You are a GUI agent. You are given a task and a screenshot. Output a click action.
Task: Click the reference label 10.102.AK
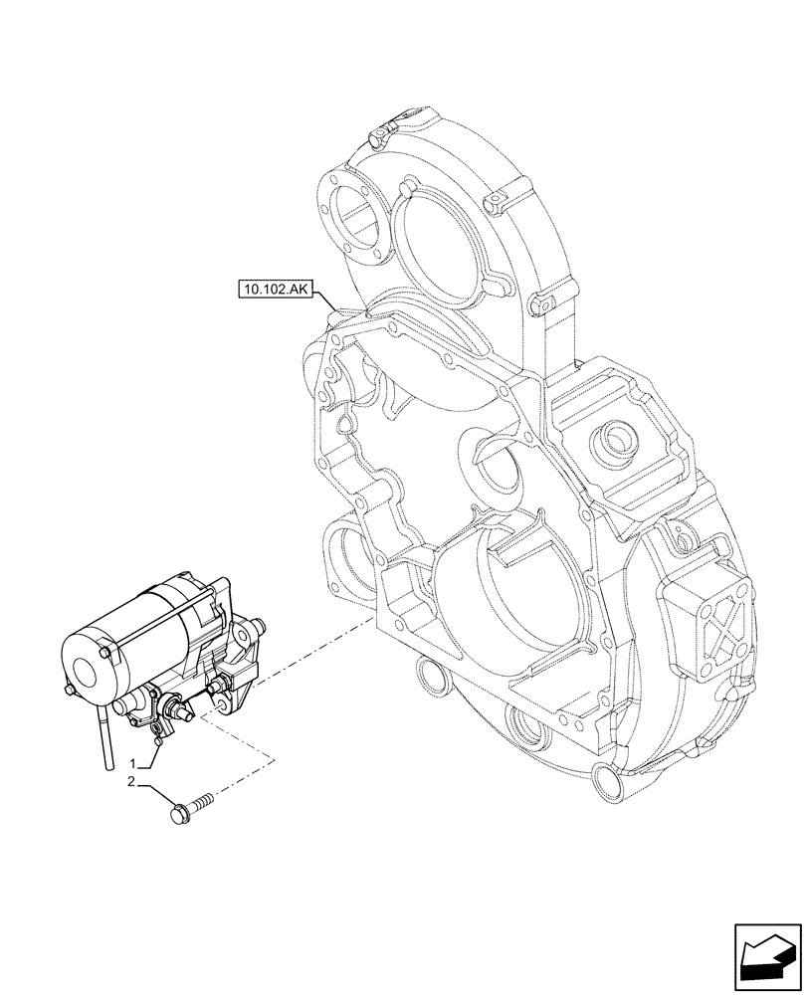coord(276,290)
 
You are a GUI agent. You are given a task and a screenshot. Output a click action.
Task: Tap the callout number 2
coord(130,782)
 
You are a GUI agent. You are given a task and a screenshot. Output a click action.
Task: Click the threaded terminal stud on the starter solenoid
coord(181,709)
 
